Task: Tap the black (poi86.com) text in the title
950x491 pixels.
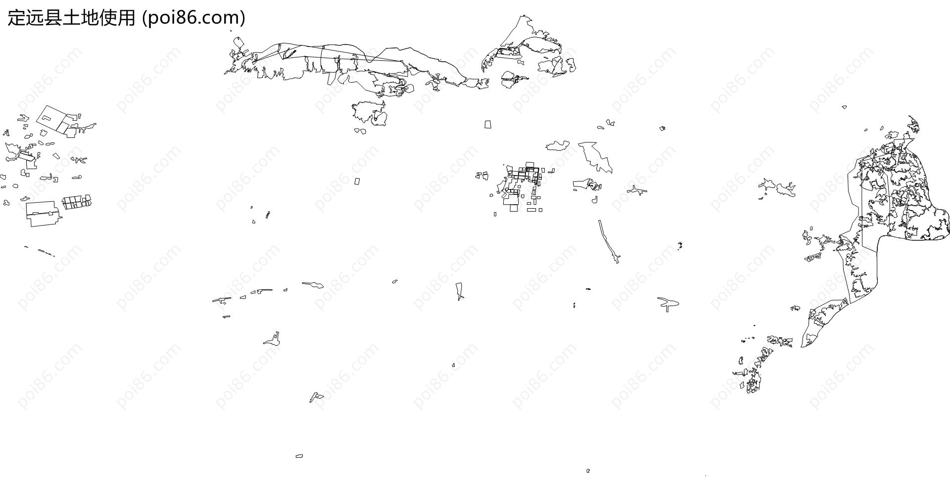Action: point(193,18)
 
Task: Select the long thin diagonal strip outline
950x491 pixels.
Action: point(609,241)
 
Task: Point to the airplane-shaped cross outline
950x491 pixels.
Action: point(637,190)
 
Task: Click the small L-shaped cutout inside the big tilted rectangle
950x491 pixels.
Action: point(46,118)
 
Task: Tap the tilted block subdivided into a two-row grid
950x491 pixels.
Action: point(77,202)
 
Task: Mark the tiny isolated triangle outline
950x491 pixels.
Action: point(453,365)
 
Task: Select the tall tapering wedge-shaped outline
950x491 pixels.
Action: point(460,291)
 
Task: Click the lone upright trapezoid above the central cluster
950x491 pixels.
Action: point(488,124)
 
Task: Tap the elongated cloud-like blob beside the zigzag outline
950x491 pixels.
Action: point(558,145)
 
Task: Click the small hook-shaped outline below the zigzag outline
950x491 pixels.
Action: point(595,200)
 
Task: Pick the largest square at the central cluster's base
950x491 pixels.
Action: point(514,208)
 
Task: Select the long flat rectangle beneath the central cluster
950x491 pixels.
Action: point(531,210)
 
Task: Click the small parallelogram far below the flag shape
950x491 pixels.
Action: point(299,456)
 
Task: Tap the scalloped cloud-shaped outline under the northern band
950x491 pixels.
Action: point(370,113)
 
